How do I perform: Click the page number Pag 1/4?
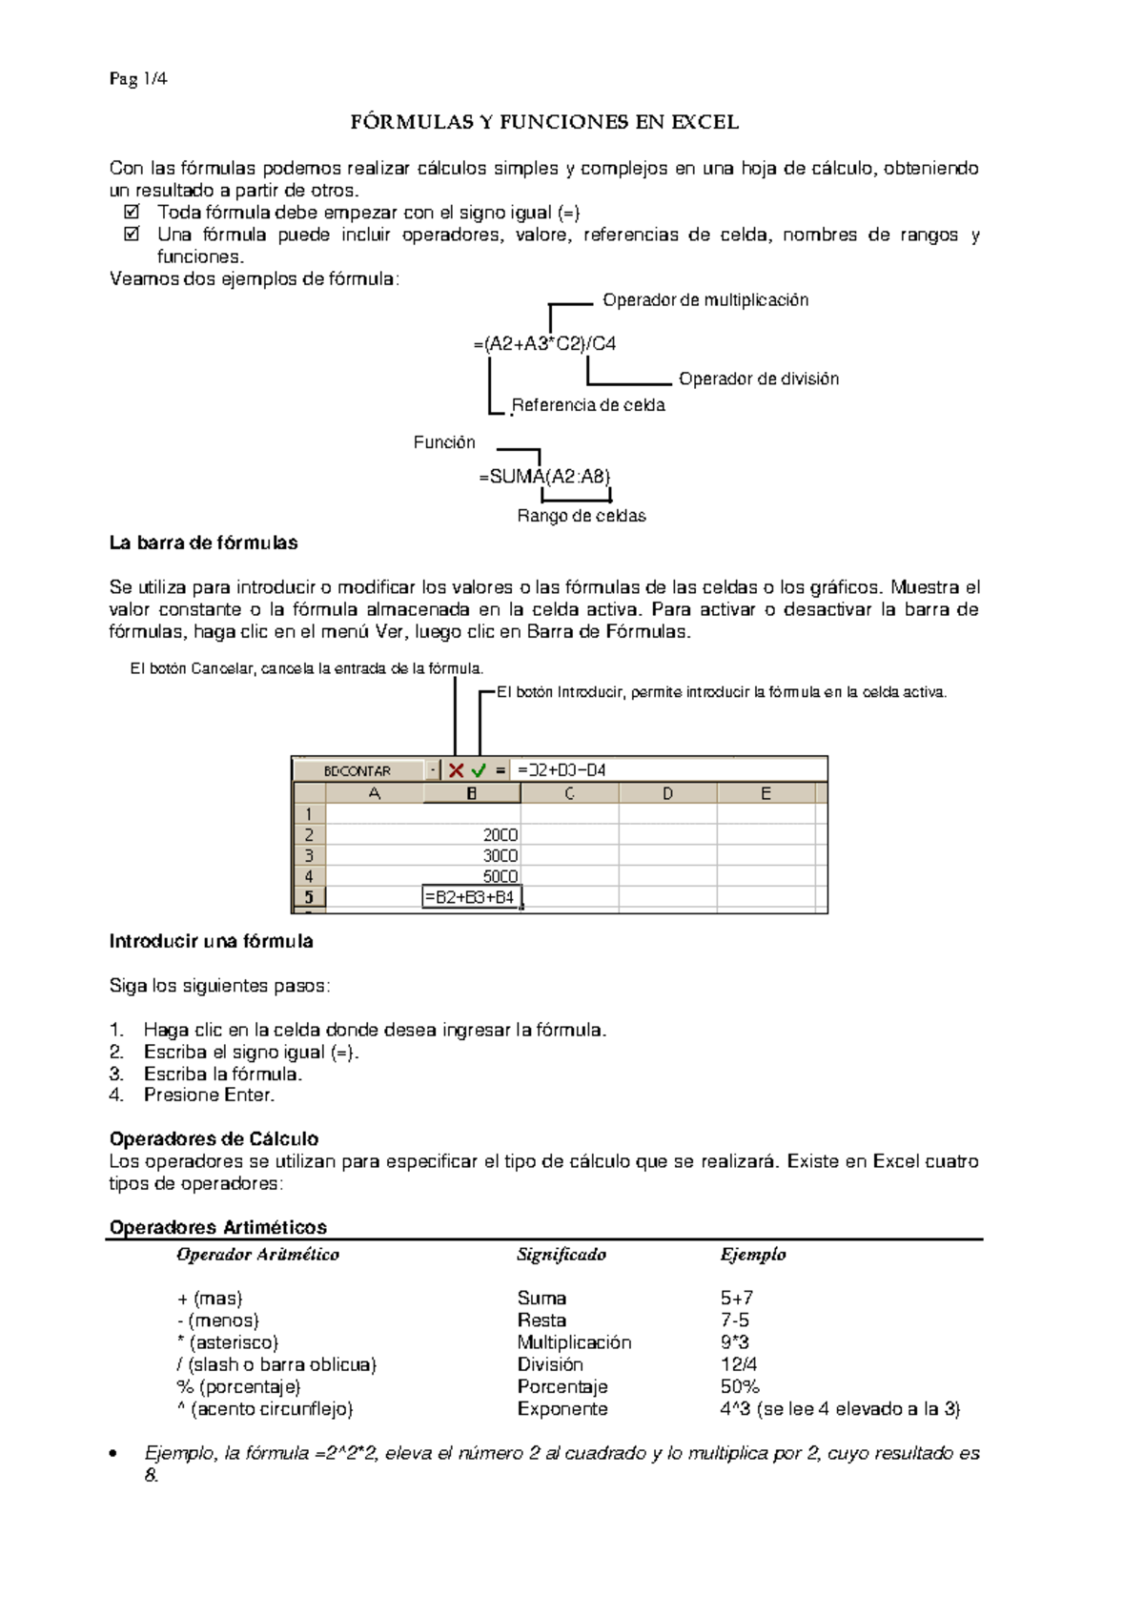(138, 79)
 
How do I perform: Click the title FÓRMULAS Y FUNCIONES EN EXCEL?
(544, 122)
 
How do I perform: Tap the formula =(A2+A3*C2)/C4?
(544, 344)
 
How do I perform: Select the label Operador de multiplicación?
(705, 300)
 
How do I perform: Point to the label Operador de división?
(759, 379)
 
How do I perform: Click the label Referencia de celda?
(588, 405)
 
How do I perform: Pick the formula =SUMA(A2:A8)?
(544, 477)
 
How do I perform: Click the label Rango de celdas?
(582, 516)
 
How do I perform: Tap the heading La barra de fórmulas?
(203, 543)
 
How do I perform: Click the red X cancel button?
(456, 770)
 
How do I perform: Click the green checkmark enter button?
(479, 770)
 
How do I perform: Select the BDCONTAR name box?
(357, 770)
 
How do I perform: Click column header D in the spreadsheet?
(667, 793)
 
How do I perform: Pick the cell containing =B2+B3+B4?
(471, 897)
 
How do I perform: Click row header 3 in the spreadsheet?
(309, 855)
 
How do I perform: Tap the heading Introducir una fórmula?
(211, 942)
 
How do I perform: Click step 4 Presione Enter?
(209, 1095)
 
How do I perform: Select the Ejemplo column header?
(753, 1255)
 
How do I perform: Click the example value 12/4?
(739, 1365)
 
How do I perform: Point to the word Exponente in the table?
(562, 1409)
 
